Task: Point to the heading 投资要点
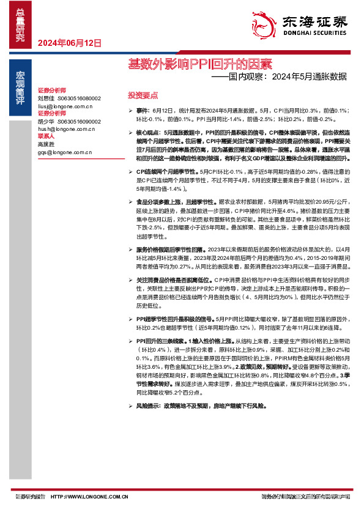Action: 142,95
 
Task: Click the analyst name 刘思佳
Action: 46,98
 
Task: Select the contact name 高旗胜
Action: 46,144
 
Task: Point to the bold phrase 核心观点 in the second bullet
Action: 147,132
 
